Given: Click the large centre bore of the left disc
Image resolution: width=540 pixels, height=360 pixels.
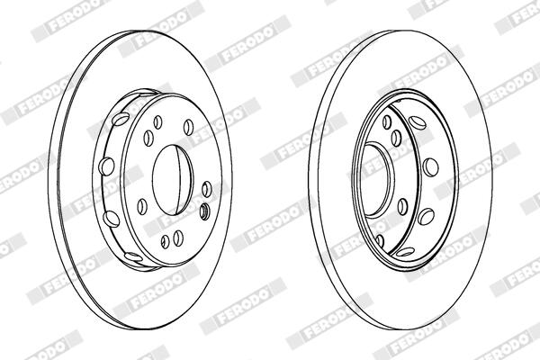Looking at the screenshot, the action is (x=172, y=180).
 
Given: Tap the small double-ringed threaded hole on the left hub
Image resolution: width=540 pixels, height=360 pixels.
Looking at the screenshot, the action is (x=204, y=210).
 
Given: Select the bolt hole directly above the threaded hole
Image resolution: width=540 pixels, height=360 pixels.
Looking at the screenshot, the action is (x=207, y=189).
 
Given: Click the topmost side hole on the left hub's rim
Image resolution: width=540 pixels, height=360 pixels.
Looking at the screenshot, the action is (x=121, y=119).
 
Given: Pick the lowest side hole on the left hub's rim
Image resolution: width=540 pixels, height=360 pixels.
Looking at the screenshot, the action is (x=133, y=256).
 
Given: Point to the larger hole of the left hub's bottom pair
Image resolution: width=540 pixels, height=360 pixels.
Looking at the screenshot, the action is (x=177, y=238).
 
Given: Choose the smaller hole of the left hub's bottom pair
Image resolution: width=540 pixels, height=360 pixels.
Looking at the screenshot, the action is (x=166, y=241).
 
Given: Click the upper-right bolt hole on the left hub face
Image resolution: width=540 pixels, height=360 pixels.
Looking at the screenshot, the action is (x=188, y=127).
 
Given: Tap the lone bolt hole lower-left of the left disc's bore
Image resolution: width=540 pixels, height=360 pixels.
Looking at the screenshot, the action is (x=142, y=206).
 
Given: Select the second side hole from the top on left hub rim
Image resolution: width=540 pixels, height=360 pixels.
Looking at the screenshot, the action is (x=106, y=166).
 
